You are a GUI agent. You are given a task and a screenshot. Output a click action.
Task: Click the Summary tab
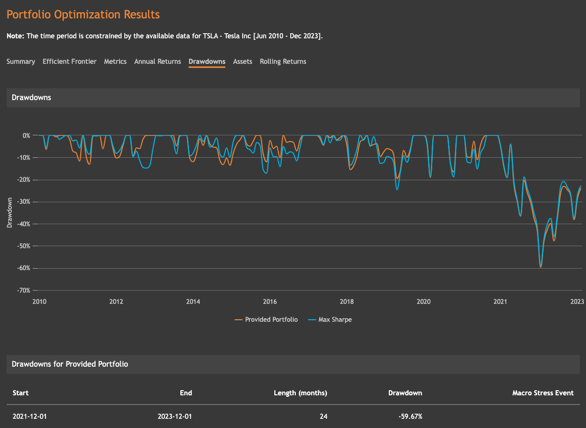pyautogui.click(x=21, y=62)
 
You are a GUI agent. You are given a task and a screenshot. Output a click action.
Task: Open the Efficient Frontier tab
pyautogui.click(x=69, y=62)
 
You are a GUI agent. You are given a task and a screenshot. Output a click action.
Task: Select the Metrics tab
pyautogui.click(x=115, y=62)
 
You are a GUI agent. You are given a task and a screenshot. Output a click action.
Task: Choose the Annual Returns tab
pyautogui.click(x=157, y=62)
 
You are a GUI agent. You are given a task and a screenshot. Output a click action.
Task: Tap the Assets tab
pyautogui.click(x=243, y=62)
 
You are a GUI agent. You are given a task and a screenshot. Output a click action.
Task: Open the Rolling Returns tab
pyautogui.click(x=283, y=62)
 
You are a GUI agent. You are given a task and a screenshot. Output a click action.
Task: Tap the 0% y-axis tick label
pyautogui.click(x=26, y=136)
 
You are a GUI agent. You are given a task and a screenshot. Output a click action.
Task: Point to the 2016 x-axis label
pyautogui.click(x=270, y=301)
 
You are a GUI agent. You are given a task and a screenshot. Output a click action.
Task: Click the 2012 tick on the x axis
pyautogui.click(x=116, y=301)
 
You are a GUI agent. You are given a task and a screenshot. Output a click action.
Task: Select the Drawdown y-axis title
pyautogui.click(x=10, y=212)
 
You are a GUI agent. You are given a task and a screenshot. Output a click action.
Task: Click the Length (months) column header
pyautogui.click(x=300, y=393)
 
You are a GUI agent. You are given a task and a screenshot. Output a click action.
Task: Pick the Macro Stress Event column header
pyautogui.click(x=543, y=393)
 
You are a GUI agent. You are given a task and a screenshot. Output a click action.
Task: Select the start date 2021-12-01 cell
pyautogui.click(x=30, y=417)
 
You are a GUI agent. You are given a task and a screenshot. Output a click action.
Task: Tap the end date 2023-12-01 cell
pyautogui.click(x=175, y=417)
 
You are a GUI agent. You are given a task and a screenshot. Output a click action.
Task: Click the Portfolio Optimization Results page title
pyautogui.click(x=83, y=15)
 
